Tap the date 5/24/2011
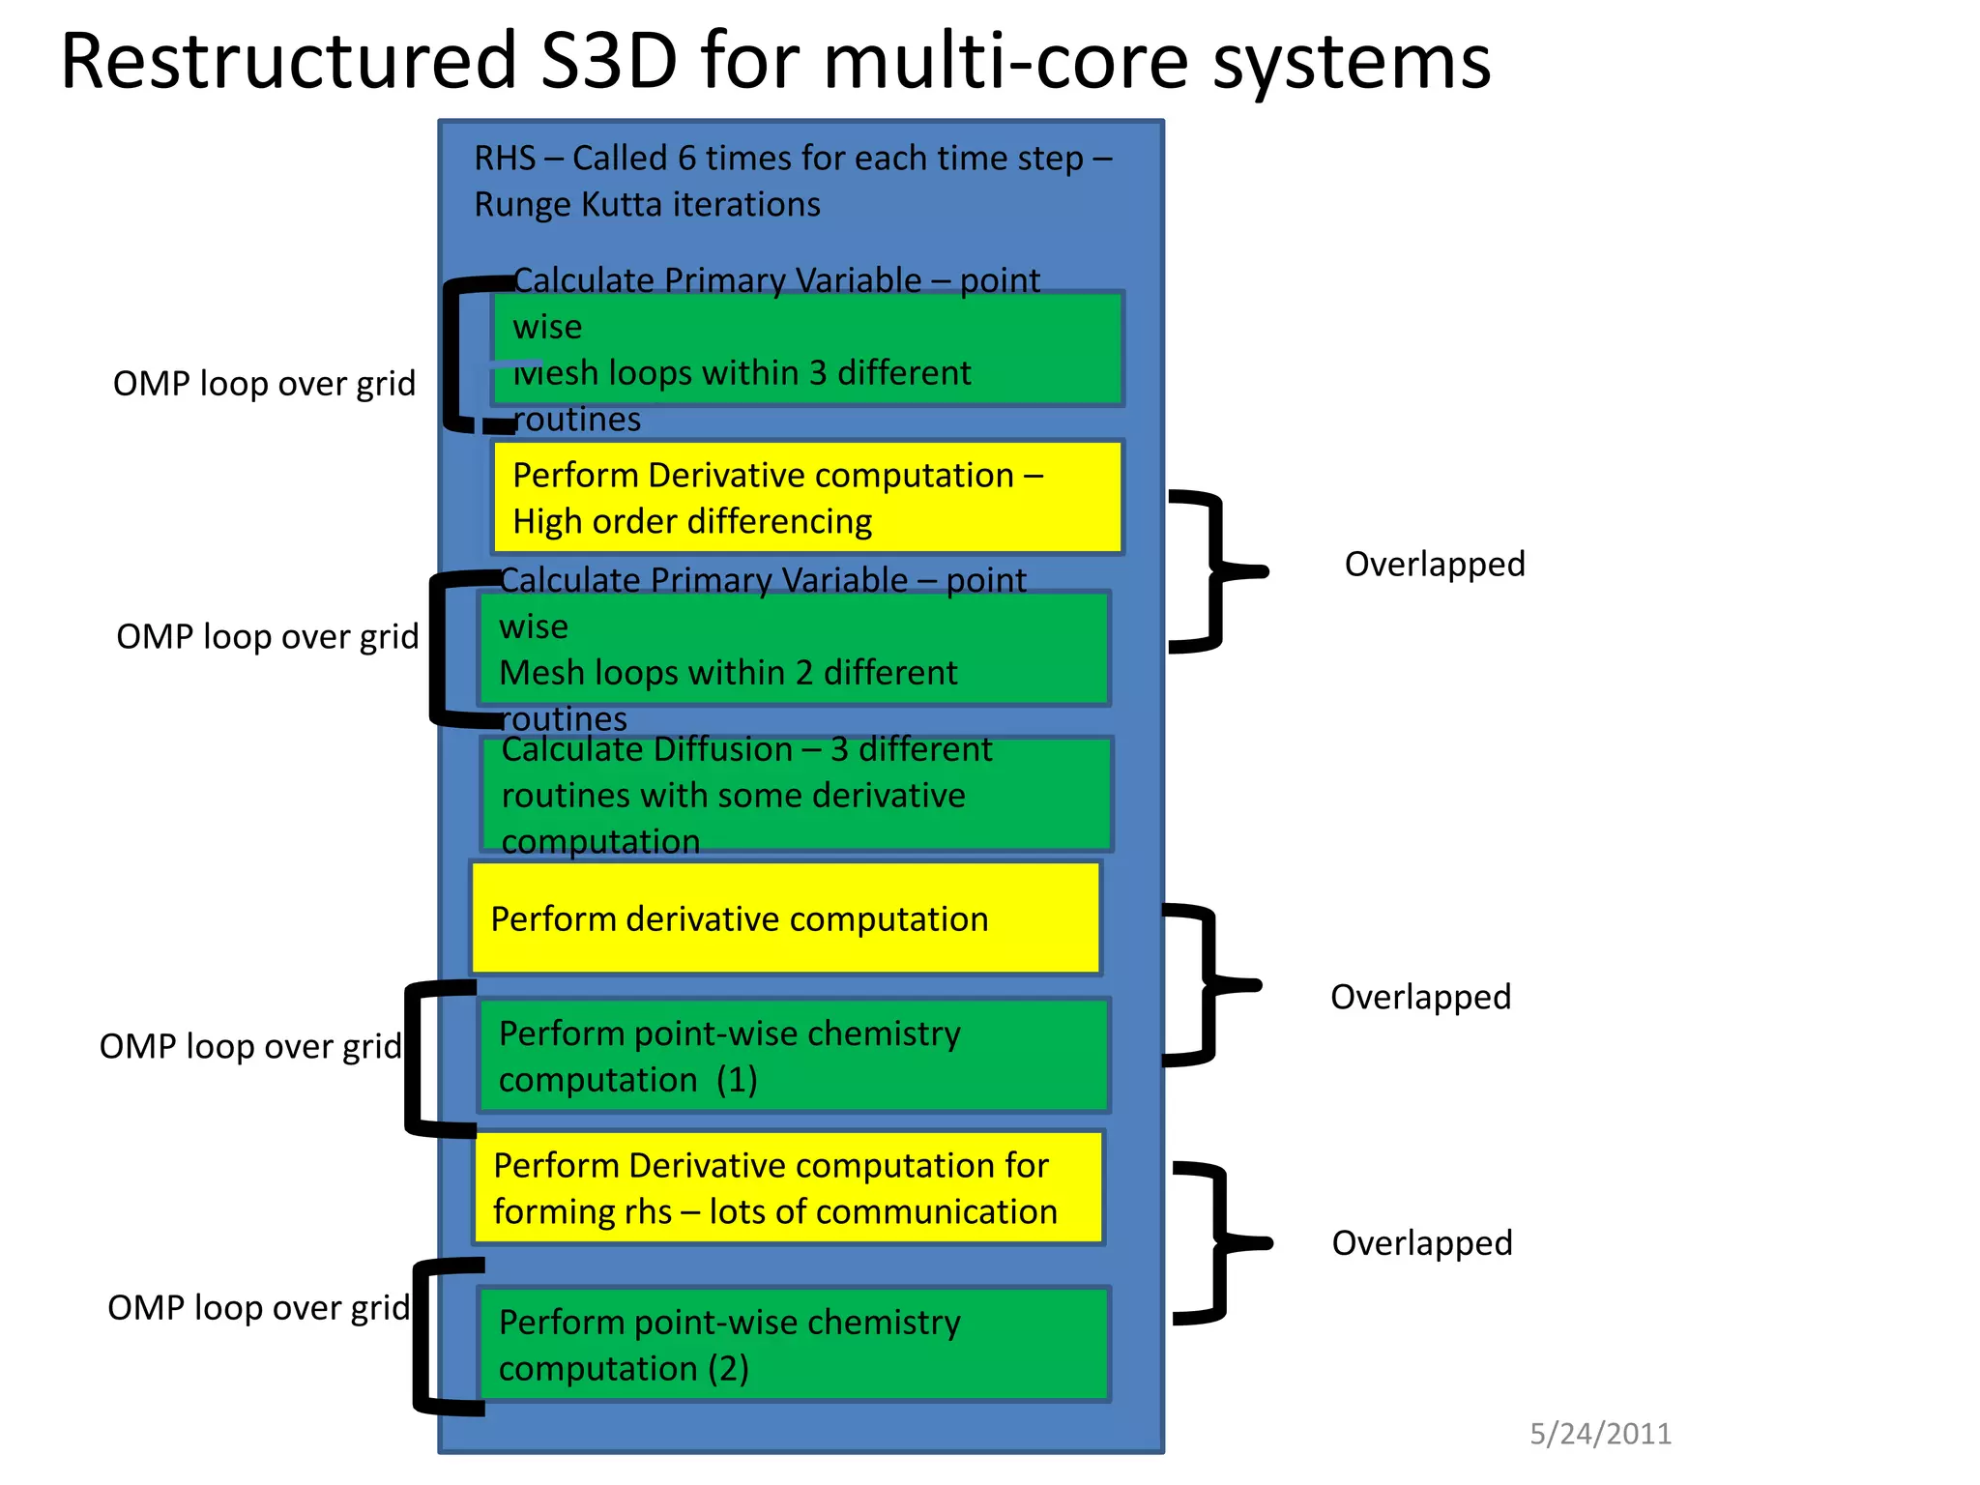tap(1600, 1434)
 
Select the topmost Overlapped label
tap(1434, 564)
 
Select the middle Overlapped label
tap(1420, 997)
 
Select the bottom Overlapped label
tap(1421, 1243)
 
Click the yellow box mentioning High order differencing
tap(807, 498)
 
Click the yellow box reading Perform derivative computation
tap(785, 918)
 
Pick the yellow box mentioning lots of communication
tap(788, 1188)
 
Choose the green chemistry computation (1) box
tap(793, 1056)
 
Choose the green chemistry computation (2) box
tap(793, 1345)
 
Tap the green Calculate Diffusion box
tap(796, 795)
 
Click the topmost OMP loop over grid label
tap(264, 384)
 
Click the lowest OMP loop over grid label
tap(258, 1308)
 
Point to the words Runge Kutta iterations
tap(647, 205)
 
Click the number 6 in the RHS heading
tap(686, 159)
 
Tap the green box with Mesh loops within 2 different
tap(793, 648)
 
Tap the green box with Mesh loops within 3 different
tap(807, 349)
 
